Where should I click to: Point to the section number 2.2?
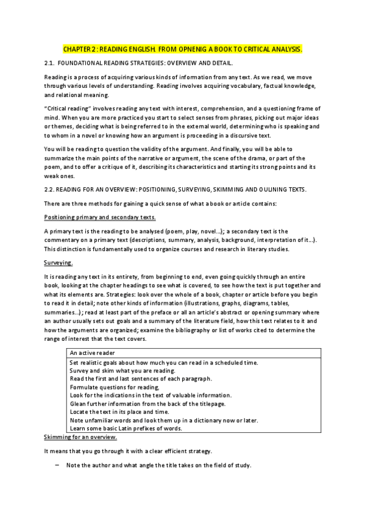click(x=51, y=190)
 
